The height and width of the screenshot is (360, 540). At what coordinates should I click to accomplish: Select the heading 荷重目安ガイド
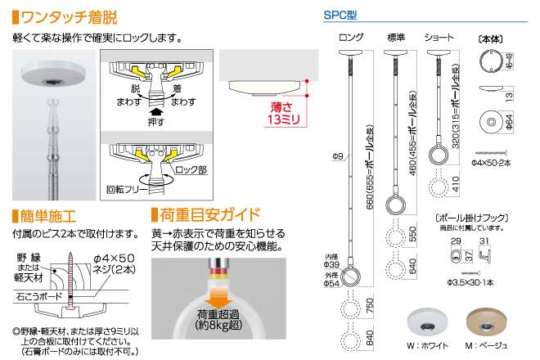pos(209,217)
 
